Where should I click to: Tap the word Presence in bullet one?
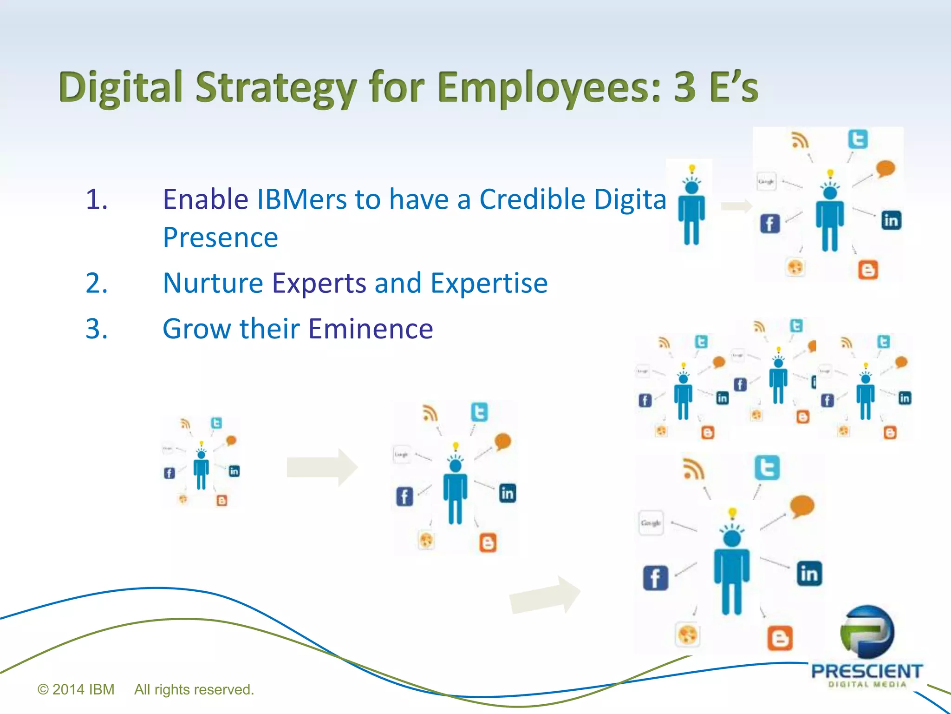pyautogui.click(x=220, y=238)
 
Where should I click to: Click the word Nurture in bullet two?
pyautogui.click(x=213, y=283)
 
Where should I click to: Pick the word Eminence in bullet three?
pyautogui.click(x=371, y=329)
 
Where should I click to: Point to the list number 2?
pyautogui.click(x=97, y=283)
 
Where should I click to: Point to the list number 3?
pyautogui.click(x=97, y=329)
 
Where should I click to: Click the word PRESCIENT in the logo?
pyautogui.click(x=866, y=671)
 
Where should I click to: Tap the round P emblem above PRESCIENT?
pyautogui.click(x=867, y=632)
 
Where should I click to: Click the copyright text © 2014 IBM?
pyautogui.click(x=76, y=689)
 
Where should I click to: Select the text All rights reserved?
pyautogui.click(x=194, y=689)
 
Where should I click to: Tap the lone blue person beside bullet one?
pyautogui.click(x=691, y=207)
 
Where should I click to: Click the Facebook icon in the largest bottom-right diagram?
pyautogui.click(x=655, y=578)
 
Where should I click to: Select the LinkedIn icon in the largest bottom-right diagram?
pyautogui.click(x=809, y=573)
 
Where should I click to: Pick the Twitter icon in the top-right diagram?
pyautogui.click(x=857, y=139)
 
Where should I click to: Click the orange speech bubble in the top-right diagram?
pyautogui.click(x=886, y=168)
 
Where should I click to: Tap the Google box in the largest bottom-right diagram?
pyautogui.click(x=651, y=523)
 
